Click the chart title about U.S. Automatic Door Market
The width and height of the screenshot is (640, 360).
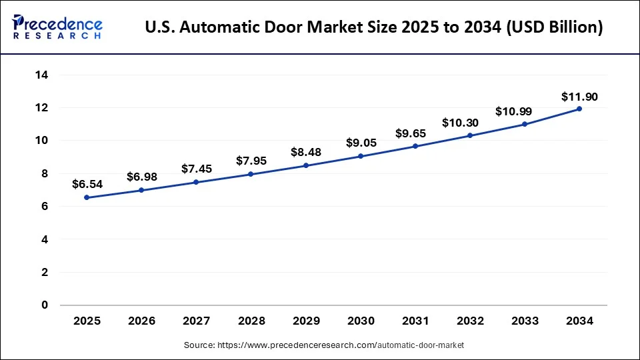(x=374, y=27)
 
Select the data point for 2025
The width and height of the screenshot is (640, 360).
(x=87, y=197)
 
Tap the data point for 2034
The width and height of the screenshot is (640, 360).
(x=579, y=109)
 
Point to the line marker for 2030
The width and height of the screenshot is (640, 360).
(x=361, y=156)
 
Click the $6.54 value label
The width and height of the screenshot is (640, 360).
(x=87, y=183)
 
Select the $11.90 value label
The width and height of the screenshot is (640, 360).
(x=579, y=97)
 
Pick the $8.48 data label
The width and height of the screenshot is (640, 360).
(x=306, y=152)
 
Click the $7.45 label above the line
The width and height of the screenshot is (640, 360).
(x=197, y=169)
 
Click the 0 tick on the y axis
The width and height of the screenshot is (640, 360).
(x=45, y=305)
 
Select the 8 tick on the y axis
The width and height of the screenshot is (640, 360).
(x=45, y=173)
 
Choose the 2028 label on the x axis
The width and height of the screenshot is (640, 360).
(x=251, y=321)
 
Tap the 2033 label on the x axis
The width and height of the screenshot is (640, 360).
(x=525, y=321)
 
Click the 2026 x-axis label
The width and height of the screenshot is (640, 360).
(x=141, y=321)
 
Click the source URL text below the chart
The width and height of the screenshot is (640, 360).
(x=323, y=345)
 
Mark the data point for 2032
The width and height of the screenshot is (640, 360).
(x=470, y=135)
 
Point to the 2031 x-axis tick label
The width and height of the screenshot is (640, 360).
(x=415, y=321)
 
